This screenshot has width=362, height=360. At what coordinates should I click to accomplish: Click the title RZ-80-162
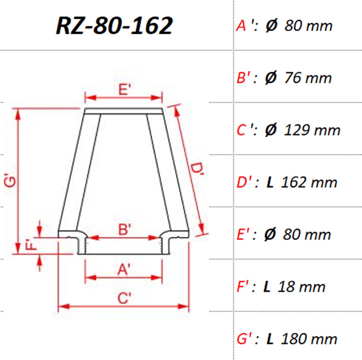click(114, 26)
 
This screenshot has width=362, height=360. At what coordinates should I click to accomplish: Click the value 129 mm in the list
click(312, 130)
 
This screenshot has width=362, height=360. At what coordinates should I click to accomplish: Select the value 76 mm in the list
click(308, 78)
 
